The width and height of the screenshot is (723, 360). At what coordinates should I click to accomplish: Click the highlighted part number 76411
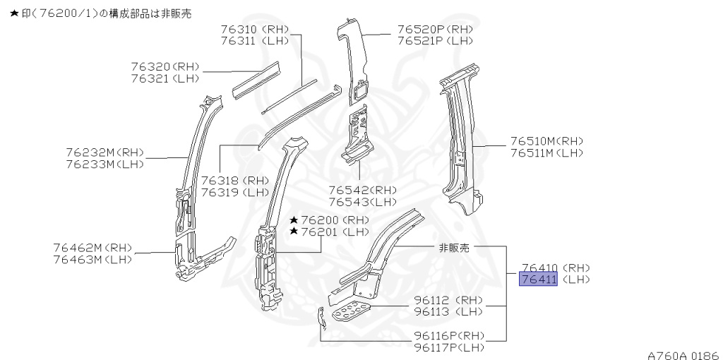tap(538, 279)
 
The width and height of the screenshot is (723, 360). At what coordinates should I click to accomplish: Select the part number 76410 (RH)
tap(556, 268)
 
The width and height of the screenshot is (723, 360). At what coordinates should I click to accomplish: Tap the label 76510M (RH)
tap(547, 141)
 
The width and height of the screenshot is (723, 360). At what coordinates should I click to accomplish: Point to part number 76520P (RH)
tap(435, 29)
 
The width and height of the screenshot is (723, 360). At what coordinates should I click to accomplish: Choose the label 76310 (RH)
tap(254, 29)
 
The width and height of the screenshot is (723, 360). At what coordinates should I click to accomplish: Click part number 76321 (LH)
tap(165, 78)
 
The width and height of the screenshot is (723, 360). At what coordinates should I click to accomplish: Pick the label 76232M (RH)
tap(104, 152)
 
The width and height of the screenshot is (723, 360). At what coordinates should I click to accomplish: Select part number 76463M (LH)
tap(92, 260)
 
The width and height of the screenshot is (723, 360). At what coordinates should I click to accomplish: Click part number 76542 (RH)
tap(362, 190)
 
